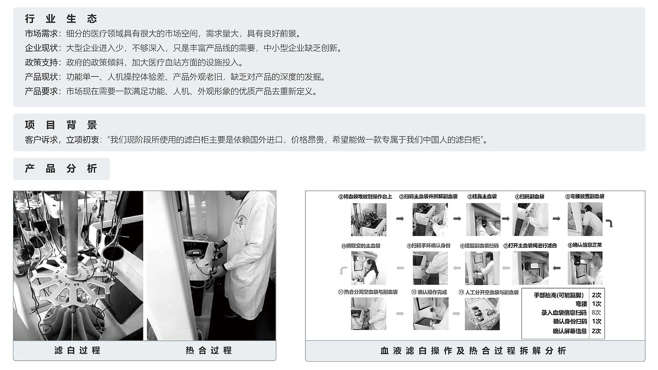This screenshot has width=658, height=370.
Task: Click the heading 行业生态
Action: (61, 19)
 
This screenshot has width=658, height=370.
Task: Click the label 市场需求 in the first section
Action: (41, 34)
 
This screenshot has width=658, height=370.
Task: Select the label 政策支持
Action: (41, 62)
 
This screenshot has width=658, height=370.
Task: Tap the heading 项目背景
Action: (61, 125)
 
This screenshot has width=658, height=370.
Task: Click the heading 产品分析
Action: (61, 169)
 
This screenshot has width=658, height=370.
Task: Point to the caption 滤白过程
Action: (78, 350)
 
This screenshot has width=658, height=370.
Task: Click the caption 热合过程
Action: (209, 350)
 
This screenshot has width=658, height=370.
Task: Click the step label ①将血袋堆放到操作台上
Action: (365, 197)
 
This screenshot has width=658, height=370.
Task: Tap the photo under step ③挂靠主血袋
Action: (483, 219)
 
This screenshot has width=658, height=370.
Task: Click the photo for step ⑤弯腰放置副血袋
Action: (585, 219)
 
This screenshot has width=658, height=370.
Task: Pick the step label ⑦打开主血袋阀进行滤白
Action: (530, 246)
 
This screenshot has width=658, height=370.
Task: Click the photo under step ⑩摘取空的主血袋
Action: (368, 268)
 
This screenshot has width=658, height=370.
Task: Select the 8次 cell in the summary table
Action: (596, 313)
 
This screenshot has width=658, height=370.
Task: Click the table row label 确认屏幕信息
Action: (570, 331)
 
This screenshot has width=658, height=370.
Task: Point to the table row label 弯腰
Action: (581, 304)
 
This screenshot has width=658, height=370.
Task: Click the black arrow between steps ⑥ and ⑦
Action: (556, 268)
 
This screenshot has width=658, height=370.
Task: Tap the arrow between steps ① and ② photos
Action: (400, 219)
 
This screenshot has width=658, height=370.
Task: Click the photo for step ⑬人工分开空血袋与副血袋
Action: (482, 314)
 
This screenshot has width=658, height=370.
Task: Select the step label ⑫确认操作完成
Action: (429, 292)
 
